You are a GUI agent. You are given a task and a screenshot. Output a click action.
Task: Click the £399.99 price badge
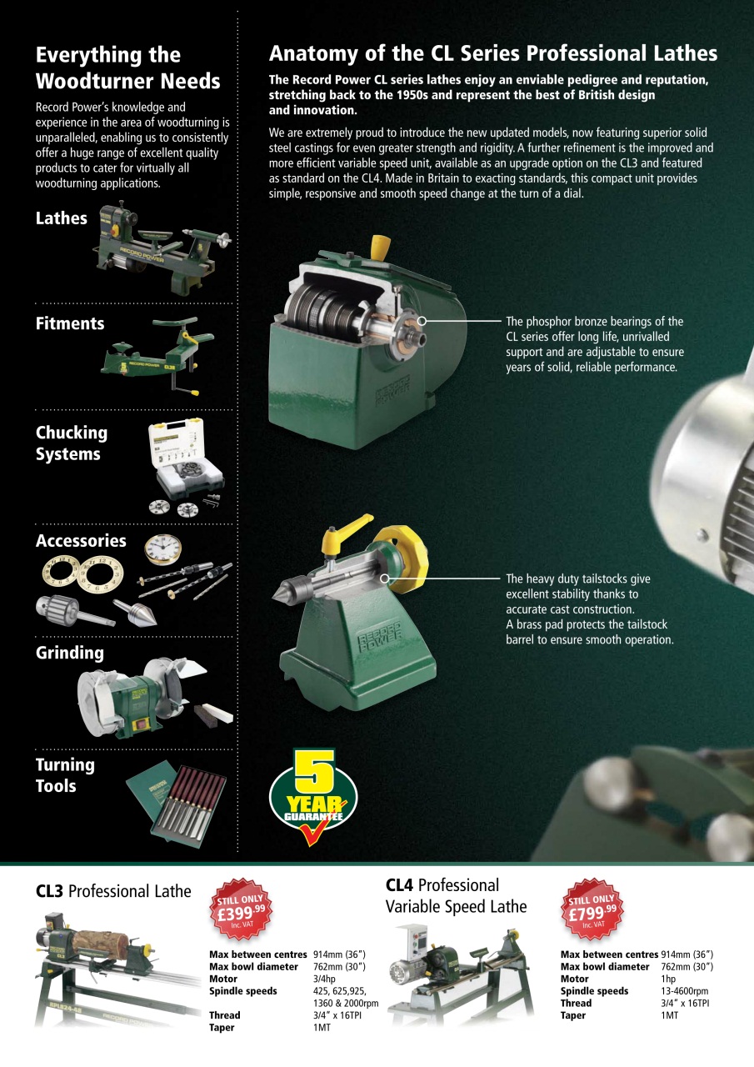point(241,909)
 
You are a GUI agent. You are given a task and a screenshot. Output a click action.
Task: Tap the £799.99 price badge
point(592,909)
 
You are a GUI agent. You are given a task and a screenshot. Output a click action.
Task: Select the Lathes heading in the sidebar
point(62,218)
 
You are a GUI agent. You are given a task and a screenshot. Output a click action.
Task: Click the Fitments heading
point(70,323)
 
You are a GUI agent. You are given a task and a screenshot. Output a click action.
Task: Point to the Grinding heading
point(69,653)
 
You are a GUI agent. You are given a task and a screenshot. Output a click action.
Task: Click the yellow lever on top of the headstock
point(380,248)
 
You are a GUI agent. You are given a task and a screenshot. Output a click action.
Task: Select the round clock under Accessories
point(162,549)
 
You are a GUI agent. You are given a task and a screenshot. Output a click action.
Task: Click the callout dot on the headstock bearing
point(422,321)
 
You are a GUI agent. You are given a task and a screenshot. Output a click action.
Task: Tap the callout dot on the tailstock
point(385,579)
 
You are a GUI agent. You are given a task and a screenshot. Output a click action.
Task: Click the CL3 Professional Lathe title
point(113,891)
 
